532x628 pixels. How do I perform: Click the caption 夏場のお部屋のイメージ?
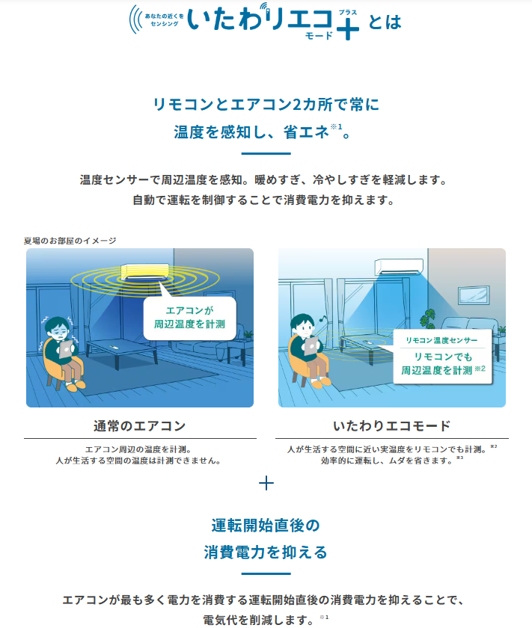click(70, 241)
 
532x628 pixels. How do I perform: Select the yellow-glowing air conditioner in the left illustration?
click(144, 271)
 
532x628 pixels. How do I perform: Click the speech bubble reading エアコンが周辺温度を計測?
click(189, 317)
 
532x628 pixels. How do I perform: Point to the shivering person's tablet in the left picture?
click(66, 349)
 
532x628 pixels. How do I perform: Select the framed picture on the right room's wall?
click(474, 295)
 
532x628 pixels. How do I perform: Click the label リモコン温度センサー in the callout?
click(441, 340)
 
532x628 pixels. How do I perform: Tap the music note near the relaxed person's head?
click(321, 318)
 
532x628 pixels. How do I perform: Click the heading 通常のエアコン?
click(139, 425)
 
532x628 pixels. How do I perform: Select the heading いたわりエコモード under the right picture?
click(391, 425)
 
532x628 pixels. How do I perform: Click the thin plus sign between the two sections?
click(266, 483)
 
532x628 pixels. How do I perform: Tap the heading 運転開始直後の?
click(266, 526)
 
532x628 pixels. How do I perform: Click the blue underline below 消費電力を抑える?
click(266, 574)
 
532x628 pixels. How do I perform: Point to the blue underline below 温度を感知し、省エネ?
click(266, 153)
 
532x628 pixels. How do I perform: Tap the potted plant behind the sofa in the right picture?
click(429, 319)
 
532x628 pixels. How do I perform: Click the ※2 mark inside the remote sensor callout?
click(480, 369)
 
